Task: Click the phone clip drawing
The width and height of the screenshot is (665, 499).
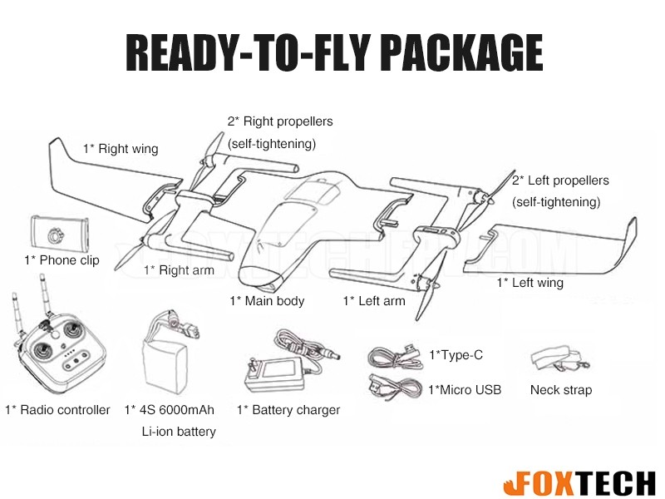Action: [59, 231]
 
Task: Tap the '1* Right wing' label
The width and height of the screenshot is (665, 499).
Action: [120, 149]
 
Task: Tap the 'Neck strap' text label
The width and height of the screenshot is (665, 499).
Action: [560, 389]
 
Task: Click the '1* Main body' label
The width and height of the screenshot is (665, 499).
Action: [267, 300]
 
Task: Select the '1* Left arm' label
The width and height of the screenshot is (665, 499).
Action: [374, 300]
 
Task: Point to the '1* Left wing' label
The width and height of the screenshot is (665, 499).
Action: [530, 283]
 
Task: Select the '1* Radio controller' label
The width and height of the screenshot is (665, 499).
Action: [57, 409]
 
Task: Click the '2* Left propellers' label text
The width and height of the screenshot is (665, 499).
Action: [559, 180]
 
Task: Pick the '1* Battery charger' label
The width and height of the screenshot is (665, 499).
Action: [288, 409]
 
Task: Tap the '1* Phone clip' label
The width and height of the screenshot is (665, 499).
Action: [62, 260]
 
